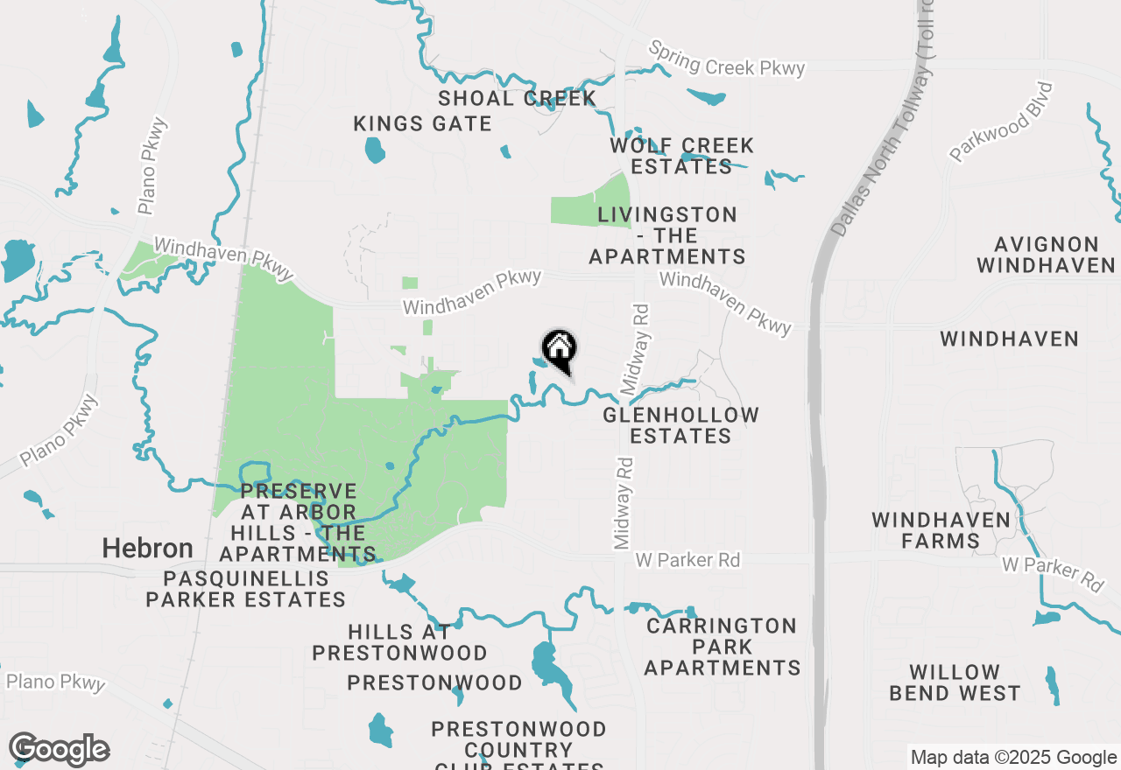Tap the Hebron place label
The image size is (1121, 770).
click(147, 549)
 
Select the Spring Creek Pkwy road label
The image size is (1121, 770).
click(726, 59)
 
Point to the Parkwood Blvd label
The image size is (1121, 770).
click(1000, 122)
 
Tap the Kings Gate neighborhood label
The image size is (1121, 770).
click(422, 124)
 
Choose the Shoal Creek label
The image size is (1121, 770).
click(518, 98)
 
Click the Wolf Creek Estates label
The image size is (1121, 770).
click(681, 156)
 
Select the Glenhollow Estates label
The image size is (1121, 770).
click(680, 425)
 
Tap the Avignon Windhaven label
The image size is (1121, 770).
click(1046, 255)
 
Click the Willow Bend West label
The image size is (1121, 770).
click(955, 682)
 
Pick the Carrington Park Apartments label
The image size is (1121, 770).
click(722, 647)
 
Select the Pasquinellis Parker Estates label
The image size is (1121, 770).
click(245, 589)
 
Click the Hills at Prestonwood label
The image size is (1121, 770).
click(399, 642)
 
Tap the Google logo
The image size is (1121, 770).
click(59, 750)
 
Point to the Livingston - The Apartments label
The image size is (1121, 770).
click(666, 235)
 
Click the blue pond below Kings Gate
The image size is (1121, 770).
click(375, 150)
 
